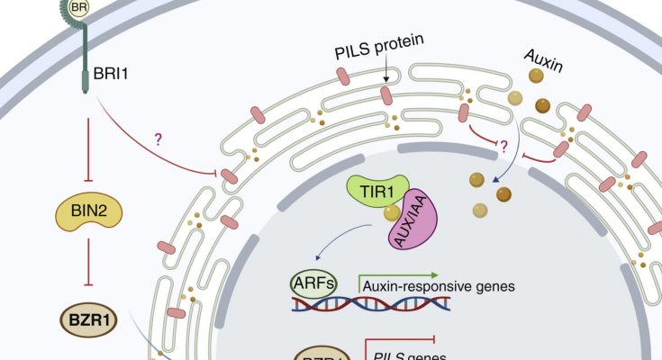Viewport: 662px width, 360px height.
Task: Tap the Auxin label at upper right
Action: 546,66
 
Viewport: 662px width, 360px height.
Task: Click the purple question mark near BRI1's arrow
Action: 159,139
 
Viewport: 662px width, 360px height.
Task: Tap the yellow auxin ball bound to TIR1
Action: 392,213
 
